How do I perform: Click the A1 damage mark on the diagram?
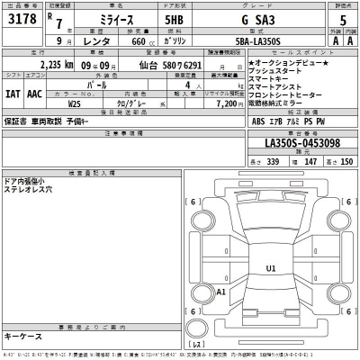pyautogui.click(x=222, y=292)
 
